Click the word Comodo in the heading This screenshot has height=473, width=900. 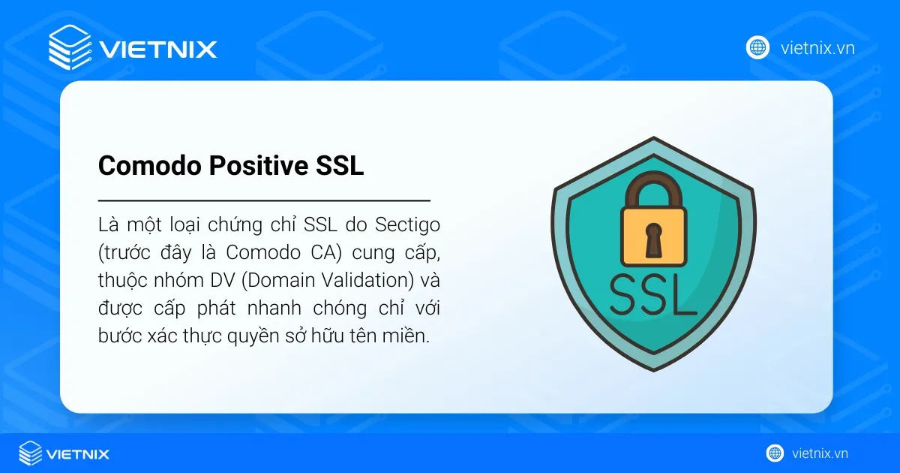[x=149, y=165]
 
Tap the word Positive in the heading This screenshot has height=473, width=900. [x=258, y=165]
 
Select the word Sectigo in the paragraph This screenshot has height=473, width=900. [x=407, y=225]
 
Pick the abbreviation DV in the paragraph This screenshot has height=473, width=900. [x=223, y=280]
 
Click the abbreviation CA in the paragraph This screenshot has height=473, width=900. [x=326, y=253]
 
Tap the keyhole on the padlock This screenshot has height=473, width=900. [x=653, y=240]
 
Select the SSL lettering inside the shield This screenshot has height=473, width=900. [x=652, y=295]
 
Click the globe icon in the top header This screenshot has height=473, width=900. [x=757, y=47]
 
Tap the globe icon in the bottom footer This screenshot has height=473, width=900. [x=775, y=453]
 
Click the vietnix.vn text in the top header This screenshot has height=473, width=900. [x=817, y=48]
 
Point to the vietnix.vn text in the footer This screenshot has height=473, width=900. [x=820, y=453]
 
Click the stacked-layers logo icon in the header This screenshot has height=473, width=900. [x=70, y=47]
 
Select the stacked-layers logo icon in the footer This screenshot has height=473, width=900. [x=31, y=453]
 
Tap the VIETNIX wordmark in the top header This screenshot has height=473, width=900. [x=158, y=50]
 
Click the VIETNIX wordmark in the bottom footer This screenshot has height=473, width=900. [x=78, y=454]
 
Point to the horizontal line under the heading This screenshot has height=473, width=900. [x=264, y=200]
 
